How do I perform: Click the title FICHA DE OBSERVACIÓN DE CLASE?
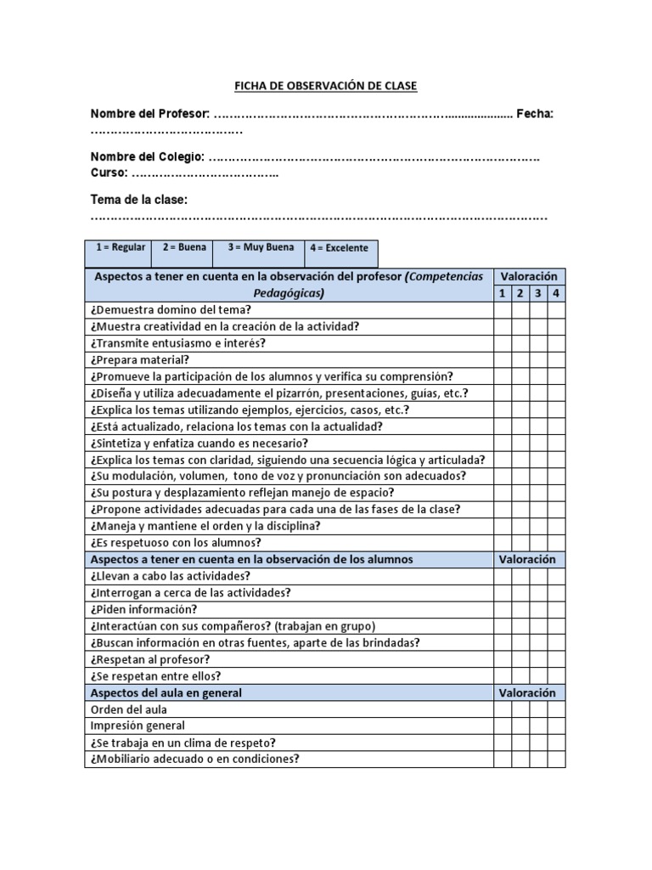click(325, 86)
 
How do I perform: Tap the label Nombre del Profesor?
click(149, 115)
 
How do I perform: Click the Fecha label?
click(535, 115)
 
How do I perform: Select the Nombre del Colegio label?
click(148, 157)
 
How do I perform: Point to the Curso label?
click(110, 172)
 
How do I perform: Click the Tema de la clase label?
click(139, 200)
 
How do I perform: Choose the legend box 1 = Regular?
click(120, 248)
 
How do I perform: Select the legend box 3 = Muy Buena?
click(260, 248)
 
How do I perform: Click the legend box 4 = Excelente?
click(340, 248)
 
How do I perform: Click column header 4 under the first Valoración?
click(556, 293)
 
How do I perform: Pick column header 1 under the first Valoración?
click(502, 293)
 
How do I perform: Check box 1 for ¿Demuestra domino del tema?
click(502, 310)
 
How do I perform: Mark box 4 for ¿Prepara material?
click(556, 359)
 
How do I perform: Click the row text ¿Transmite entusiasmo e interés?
click(177, 343)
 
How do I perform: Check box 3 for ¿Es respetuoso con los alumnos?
click(538, 542)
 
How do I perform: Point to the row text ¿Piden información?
click(143, 609)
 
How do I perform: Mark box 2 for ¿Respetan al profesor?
click(520, 659)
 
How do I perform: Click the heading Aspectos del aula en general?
click(166, 692)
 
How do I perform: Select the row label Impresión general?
click(137, 726)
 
